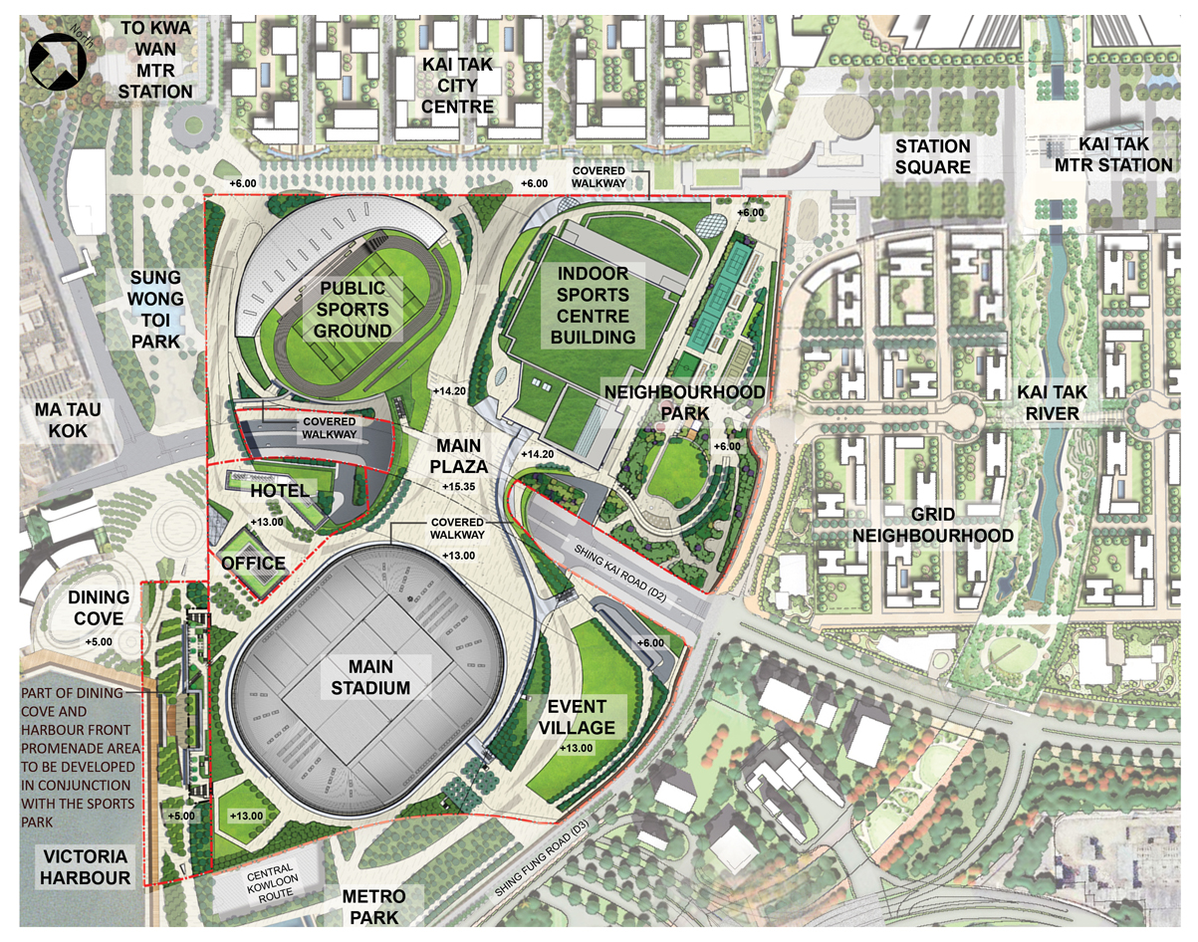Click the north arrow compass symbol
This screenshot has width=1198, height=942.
pos(55,61)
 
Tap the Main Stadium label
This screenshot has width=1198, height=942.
pos(365,677)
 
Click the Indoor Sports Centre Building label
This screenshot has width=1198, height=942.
pos(594,304)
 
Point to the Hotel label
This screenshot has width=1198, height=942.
pos(278,491)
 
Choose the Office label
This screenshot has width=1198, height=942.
pos(254,564)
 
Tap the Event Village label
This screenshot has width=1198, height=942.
pos(580,716)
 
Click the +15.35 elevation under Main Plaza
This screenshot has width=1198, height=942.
pos(461,485)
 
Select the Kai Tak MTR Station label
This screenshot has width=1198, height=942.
pos(1113,154)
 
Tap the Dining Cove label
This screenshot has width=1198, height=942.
pos(99,607)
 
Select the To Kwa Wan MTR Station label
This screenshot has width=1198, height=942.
pos(156,60)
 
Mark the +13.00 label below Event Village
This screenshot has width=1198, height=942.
pos(577,748)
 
